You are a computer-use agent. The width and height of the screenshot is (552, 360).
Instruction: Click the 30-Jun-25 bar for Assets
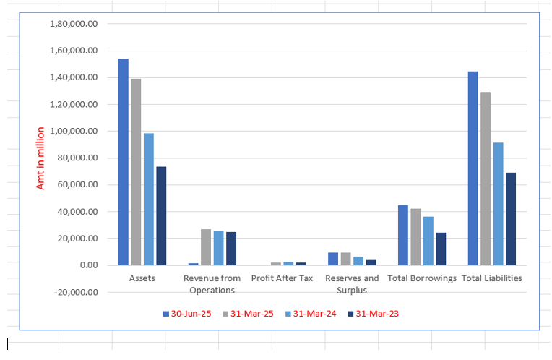pos(124,162)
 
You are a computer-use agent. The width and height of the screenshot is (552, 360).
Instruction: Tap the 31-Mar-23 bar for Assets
pos(161,216)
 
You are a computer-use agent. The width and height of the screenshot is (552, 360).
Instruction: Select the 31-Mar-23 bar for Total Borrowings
pos(441,249)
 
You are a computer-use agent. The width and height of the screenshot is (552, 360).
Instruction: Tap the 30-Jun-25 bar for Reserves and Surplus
pos(333,259)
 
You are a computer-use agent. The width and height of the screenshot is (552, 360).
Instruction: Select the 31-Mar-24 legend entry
pos(309,314)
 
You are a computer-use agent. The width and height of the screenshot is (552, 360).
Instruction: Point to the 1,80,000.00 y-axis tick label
pos(74,24)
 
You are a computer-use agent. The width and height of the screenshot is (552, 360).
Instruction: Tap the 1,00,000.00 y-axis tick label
pos(74,131)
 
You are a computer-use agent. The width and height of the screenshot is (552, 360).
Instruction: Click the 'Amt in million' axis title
pos(40,158)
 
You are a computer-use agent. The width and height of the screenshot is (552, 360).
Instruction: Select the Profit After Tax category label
pos(282,278)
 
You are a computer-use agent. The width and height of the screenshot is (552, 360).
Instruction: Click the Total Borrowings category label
pos(422,278)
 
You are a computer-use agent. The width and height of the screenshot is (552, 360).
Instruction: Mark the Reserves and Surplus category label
pos(352,284)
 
